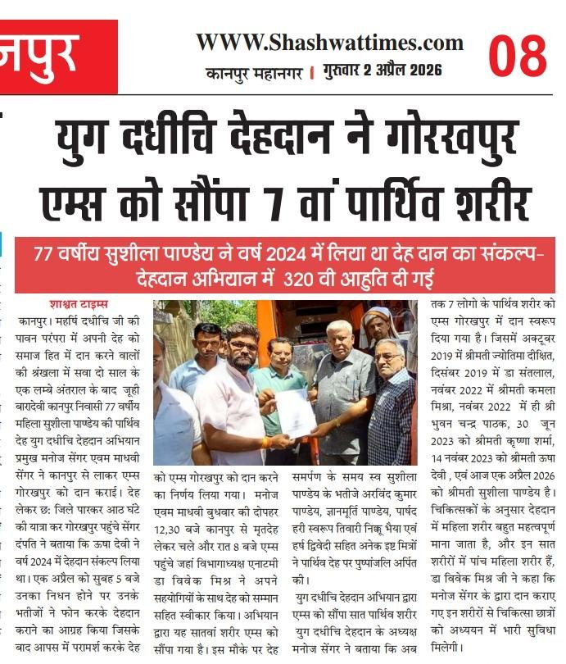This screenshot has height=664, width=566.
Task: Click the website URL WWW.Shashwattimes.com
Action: tap(329, 43)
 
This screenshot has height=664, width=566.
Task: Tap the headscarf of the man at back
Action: tap(379, 316)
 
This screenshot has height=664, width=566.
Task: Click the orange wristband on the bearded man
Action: tap(265, 442)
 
